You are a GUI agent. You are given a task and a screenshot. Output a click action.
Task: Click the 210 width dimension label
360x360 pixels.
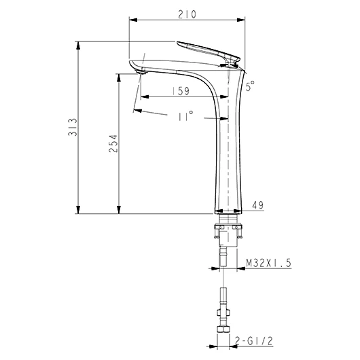coord(187,14)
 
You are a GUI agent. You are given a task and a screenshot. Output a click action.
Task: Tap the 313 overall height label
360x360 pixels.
coord(73,127)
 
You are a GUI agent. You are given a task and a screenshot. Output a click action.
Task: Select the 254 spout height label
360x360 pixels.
coord(113,144)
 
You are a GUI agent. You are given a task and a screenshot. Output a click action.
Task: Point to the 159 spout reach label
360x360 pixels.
coord(181,91)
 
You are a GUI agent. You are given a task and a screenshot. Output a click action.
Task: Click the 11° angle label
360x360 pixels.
coord(185,116)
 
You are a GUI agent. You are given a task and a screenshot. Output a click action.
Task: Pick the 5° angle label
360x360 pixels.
coord(250,86)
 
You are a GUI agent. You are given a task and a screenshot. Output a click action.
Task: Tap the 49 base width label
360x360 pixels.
coord(258,205)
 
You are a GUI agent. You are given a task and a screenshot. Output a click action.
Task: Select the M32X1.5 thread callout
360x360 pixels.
coord(268,263)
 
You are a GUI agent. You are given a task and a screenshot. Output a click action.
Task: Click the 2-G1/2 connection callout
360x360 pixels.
coord(254,341)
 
